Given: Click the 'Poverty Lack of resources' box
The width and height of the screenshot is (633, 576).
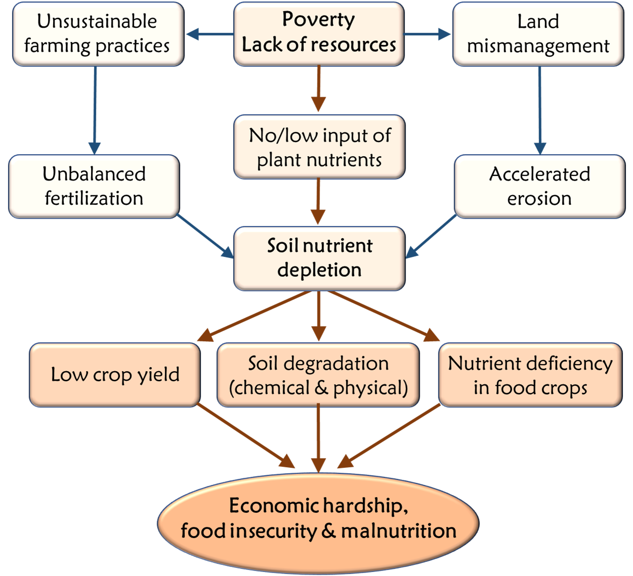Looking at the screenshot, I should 319,33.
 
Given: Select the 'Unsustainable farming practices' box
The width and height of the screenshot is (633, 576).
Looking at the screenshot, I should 97,33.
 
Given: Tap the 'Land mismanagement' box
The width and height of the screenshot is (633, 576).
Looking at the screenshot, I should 538,33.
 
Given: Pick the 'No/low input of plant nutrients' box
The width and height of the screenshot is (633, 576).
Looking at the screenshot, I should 319,147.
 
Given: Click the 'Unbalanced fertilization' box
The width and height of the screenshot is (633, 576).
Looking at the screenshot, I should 94,186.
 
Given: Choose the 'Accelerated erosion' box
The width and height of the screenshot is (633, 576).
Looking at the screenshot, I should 539,186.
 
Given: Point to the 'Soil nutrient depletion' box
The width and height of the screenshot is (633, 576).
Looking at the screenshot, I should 319,258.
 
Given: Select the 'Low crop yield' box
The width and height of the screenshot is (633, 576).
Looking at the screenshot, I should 115,375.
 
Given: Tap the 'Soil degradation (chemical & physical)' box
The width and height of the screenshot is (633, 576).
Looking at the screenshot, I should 318,375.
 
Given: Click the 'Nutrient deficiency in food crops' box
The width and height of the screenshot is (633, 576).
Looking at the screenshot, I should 530,375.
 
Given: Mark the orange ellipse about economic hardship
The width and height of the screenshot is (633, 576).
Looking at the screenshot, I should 318,521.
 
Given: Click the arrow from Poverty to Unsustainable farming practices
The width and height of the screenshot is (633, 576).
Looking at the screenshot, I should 209,34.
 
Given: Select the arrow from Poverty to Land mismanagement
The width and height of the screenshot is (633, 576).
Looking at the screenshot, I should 427,34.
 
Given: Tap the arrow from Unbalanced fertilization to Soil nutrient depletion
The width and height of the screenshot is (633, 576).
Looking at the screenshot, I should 205,236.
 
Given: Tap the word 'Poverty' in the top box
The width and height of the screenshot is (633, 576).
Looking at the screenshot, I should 319,19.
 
